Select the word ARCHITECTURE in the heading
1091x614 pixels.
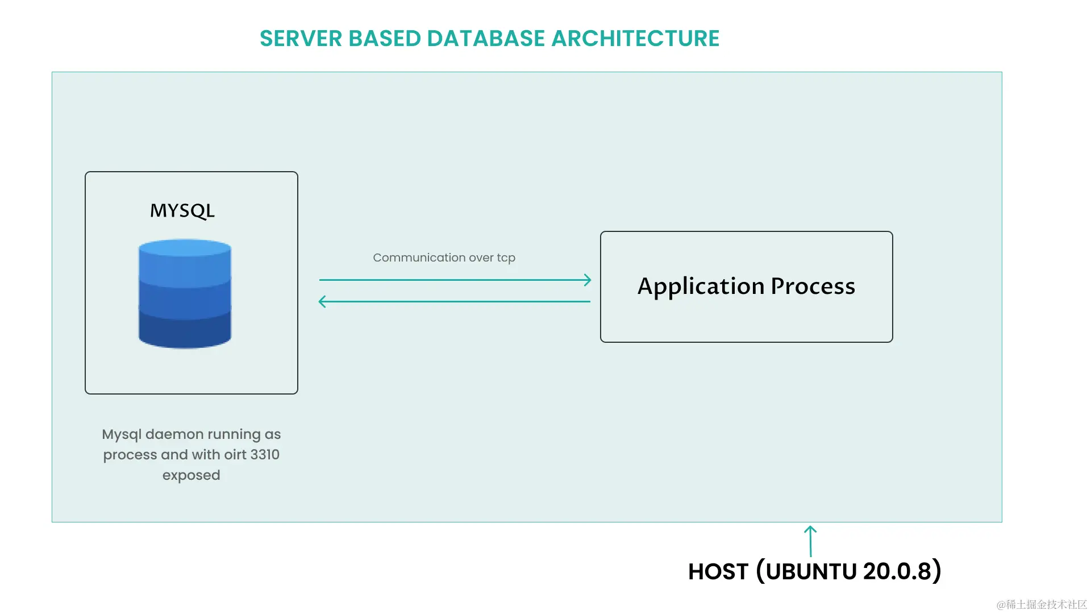tap(635, 39)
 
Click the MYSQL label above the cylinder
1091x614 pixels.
tap(182, 211)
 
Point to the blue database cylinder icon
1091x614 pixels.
tap(185, 294)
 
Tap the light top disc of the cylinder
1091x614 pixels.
tap(185, 248)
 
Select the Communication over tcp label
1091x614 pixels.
tap(444, 258)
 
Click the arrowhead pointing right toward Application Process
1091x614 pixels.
tap(588, 280)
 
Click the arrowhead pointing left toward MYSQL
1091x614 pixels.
tap(322, 301)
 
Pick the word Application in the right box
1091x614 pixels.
tap(701, 286)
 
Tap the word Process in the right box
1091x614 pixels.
tap(813, 286)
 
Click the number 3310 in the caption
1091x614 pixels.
tap(265, 455)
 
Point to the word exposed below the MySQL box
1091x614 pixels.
tap(191, 475)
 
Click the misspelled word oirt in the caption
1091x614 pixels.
tap(235, 455)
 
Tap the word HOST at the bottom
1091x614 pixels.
tap(718, 572)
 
